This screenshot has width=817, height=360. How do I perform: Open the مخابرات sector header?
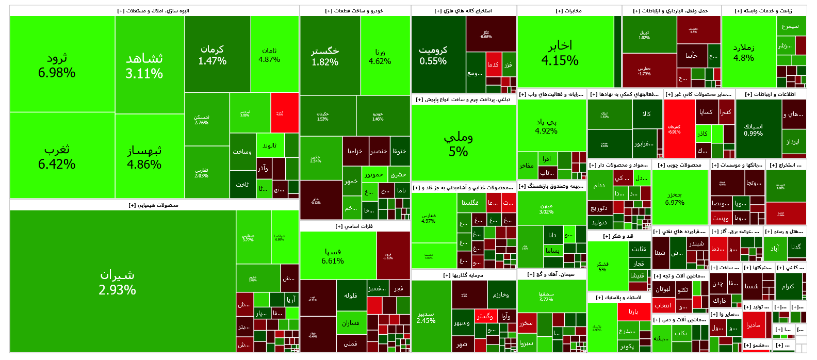[569, 11]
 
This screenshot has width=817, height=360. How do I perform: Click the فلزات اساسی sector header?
[355, 226]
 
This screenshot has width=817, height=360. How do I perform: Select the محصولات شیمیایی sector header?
[154, 205]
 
